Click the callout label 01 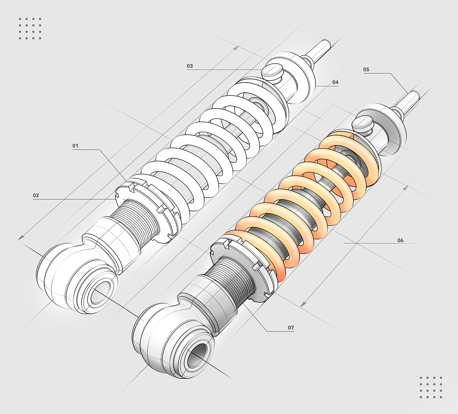click(76, 146)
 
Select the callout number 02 click(36, 195)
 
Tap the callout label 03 click(190, 66)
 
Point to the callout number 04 click(335, 82)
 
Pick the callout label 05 click(366, 69)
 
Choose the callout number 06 click(400, 240)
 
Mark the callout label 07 click(291, 327)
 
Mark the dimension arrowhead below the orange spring click(303, 305)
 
